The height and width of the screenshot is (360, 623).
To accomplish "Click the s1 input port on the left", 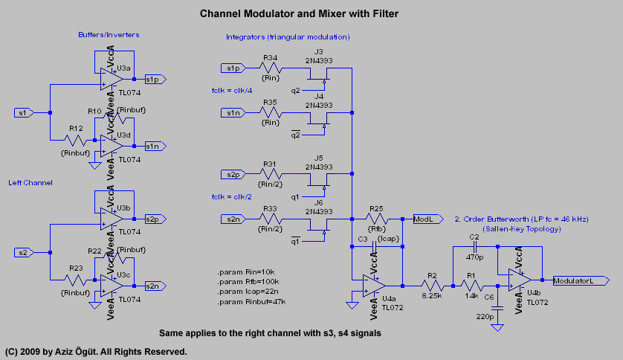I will pyautogui.click(x=25, y=112).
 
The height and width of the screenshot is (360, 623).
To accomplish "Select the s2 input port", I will pyautogui.click(x=25, y=253).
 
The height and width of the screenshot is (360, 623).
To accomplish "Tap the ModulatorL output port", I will pyautogui.click(x=580, y=280).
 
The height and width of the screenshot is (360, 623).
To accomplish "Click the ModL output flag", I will pyautogui.click(x=426, y=219).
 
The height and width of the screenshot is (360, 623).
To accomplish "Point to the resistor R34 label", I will pyautogui.click(x=271, y=57).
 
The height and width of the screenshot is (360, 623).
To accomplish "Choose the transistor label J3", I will pyautogui.click(x=319, y=51).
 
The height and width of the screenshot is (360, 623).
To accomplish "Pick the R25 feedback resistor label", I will pyautogui.click(x=375, y=210).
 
